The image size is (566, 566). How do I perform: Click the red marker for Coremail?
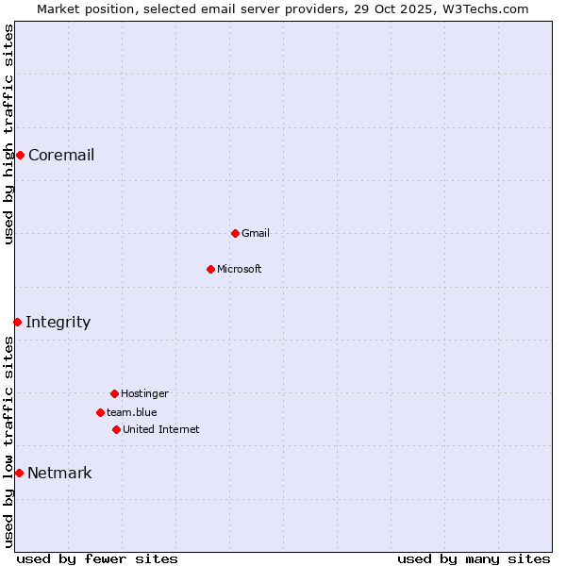[x=20, y=155]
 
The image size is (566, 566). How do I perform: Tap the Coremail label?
[x=61, y=156]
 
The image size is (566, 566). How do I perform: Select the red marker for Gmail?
[x=235, y=233]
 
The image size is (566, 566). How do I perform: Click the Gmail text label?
[x=255, y=233]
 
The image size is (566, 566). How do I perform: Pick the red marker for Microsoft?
[x=210, y=269]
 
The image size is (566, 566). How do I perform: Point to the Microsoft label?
[x=239, y=269]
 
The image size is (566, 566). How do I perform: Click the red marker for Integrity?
[x=17, y=322]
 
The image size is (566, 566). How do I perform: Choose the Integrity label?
[x=58, y=323]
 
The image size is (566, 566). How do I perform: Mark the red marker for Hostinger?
[x=114, y=393]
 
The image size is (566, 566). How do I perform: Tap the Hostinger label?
[x=144, y=393]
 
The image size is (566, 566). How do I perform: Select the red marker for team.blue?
[x=100, y=412]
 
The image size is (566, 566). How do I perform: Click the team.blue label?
[x=131, y=412]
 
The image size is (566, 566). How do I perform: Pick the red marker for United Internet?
[x=116, y=429]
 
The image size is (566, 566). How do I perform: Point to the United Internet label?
[x=160, y=429]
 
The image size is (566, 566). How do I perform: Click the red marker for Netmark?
[x=19, y=473]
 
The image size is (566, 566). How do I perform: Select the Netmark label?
[x=59, y=474]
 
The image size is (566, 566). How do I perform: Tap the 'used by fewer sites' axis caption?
[x=97, y=558]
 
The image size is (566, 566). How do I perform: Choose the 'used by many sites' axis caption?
[x=474, y=558]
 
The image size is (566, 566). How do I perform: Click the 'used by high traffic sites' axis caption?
[x=9, y=134]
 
